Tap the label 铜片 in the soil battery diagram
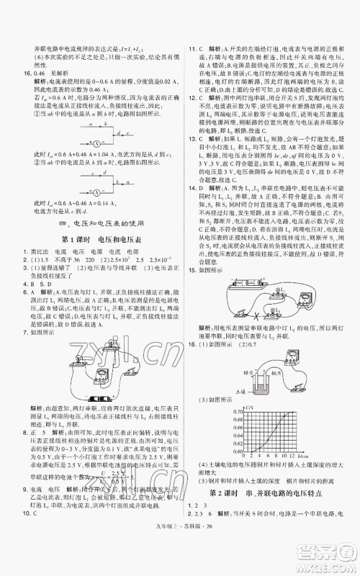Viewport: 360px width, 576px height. point(276,358)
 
